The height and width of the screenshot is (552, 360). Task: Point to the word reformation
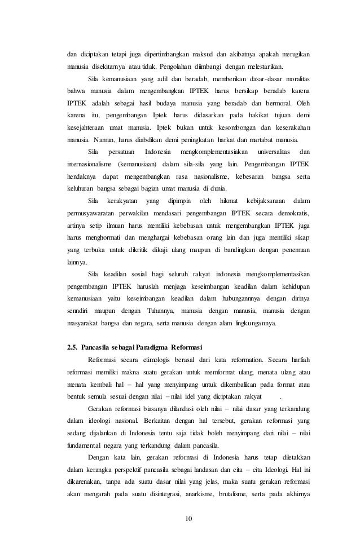pos(233,359)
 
